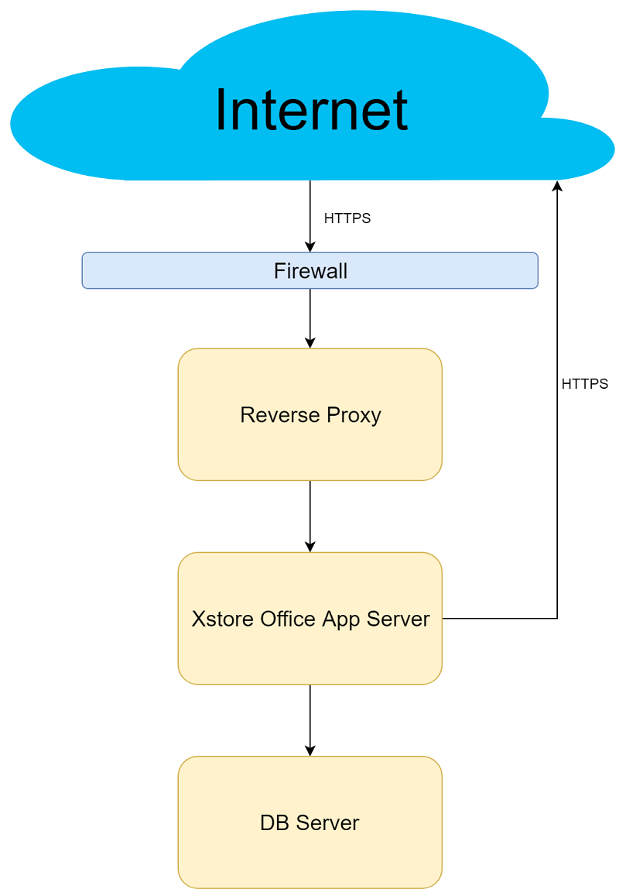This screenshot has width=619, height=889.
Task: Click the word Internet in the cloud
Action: tap(311, 110)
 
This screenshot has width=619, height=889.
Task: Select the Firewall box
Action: tap(309, 271)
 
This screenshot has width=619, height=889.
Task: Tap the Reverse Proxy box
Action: tap(309, 414)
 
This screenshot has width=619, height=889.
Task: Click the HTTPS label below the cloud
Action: tap(347, 218)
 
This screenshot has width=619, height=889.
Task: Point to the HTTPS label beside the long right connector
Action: tap(584, 384)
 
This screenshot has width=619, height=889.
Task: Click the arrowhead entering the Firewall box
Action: tap(310, 247)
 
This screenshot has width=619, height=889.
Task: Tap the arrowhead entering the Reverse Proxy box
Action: tap(310, 343)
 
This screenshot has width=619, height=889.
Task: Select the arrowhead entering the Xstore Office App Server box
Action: tap(310, 547)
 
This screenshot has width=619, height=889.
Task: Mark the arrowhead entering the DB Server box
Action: tap(310, 751)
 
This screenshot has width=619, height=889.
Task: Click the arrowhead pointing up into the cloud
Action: tap(557, 186)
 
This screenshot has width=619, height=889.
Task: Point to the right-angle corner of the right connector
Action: tap(557, 619)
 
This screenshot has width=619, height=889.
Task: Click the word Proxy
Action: tap(354, 415)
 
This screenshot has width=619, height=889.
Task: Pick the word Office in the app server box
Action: tap(282, 620)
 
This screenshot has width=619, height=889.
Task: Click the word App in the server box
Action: tap(340, 620)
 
